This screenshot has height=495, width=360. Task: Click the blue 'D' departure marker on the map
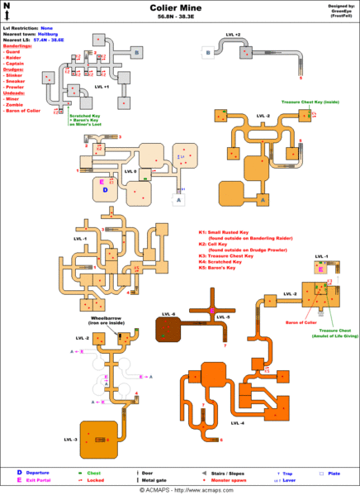click(x=106, y=189)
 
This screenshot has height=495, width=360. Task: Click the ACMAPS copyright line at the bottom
click(x=180, y=489)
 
